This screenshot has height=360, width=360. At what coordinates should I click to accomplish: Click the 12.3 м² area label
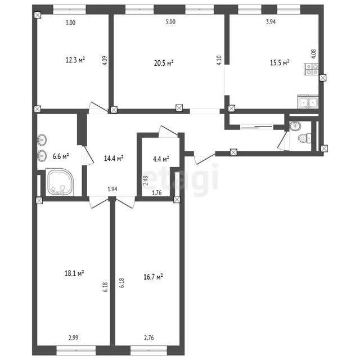(x=75, y=60)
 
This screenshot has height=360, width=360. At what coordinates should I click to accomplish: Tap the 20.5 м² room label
(x=164, y=63)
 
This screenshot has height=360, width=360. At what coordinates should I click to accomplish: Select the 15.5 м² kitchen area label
(x=279, y=62)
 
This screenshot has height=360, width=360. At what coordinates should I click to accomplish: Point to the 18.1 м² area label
(x=74, y=273)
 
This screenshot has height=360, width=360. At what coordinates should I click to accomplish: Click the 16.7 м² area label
(x=153, y=277)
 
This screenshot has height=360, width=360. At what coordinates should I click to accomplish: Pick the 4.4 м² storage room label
(x=161, y=159)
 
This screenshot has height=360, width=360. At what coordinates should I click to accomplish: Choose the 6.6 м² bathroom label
(x=61, y=156)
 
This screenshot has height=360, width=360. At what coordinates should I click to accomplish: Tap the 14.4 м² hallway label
(x=114, y=158)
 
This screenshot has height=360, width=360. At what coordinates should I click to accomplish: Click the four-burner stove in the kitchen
(x=311, y=69)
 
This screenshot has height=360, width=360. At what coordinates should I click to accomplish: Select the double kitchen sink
(x=308, y=102)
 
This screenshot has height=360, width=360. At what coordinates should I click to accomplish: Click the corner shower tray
(x=60, y=182)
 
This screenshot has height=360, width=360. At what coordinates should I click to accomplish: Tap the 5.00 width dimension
(x=170, y=22)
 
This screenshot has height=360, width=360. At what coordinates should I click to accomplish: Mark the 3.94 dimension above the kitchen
(x=271, y=22)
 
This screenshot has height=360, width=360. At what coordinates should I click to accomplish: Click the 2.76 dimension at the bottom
(x=148, y=337)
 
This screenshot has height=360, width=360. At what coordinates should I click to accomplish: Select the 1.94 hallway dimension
(x=112, y=189)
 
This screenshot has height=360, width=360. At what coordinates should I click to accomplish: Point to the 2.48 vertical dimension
(x=146, y=181)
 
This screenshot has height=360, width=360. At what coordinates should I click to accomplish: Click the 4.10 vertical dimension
(x=219, y=60)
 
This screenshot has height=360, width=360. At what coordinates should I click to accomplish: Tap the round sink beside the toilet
(x=295, y=126)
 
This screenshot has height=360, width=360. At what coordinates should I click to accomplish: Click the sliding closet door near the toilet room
(x=256, y=127)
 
